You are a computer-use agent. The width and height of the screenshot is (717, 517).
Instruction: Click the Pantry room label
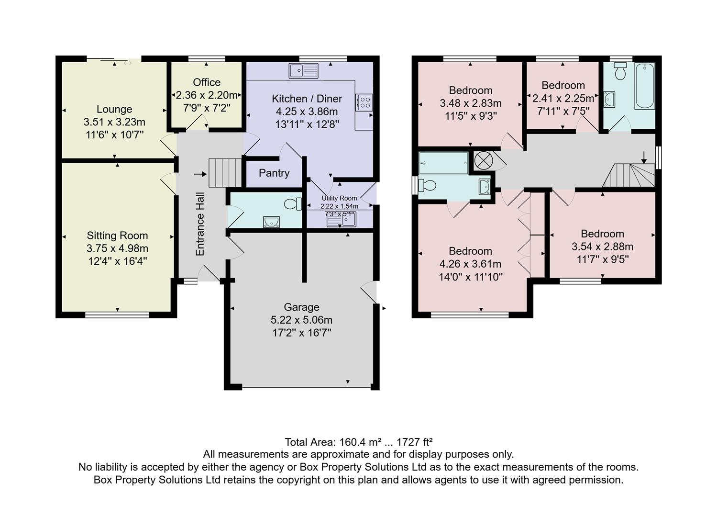click(x=274, y=173)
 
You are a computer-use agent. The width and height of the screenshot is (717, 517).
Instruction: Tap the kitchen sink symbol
click(x=303, y=71)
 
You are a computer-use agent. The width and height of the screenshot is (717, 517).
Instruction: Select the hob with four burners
click(x=364, y=102)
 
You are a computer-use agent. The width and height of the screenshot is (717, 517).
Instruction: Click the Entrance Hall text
click(x=200, y=224)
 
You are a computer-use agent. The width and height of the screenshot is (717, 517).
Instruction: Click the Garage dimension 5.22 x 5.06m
click(x=301, y=320)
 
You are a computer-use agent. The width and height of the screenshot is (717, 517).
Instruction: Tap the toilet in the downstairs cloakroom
click(x=292, y=204)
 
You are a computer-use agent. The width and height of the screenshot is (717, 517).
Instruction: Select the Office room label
click(x=207, y=82)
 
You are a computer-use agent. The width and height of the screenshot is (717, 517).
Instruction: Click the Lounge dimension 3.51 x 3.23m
click(x=114, y=122)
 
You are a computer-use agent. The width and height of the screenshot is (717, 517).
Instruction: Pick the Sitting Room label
click(x=117, y=236)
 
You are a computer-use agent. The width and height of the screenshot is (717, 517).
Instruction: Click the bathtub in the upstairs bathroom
click(x=645, y=86)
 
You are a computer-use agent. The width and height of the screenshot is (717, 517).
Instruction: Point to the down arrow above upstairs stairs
click(x=644, y=157)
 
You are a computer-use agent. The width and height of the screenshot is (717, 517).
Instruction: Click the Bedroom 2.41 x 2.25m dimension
click(x=563, y=98)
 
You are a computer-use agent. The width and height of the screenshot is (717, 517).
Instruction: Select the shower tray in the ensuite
click(x=443, y=163)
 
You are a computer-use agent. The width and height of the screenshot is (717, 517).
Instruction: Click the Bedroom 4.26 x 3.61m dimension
click(x=470, y=264)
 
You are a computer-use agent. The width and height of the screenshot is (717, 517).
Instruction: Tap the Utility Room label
click(x=339, y=198)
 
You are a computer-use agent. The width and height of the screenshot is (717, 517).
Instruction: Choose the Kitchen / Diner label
click(x=307, y=99)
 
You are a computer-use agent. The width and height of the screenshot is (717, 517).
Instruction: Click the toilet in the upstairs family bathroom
click(x=621, y=72)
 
